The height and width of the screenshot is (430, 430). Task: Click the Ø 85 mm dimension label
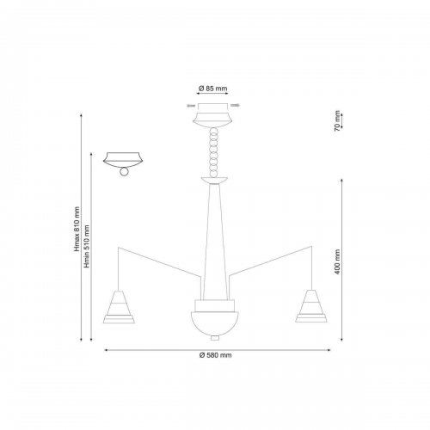[212, 89]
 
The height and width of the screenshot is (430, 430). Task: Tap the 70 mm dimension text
[337, 120]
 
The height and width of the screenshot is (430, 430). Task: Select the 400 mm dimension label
[337, 261]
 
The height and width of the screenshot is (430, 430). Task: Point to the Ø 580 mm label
[215, 355]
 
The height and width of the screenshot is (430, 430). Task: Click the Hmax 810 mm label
[77, 229]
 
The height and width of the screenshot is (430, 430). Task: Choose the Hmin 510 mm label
[87, 247]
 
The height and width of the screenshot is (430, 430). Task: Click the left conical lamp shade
[119, 307]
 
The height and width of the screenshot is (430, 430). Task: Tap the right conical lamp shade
[311, 306]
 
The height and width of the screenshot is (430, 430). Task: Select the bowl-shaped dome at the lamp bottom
[215, 323]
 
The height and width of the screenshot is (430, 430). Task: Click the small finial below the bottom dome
[215, 338]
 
